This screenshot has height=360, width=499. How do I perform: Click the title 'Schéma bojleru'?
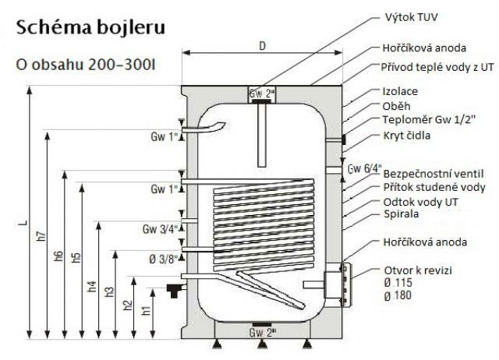coord(90,29)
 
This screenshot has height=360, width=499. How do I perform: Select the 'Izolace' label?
coord(399,90)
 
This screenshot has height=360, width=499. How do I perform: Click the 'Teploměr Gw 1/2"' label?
coord(424,121)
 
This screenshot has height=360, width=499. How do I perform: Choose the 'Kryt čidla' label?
coord(406,136)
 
